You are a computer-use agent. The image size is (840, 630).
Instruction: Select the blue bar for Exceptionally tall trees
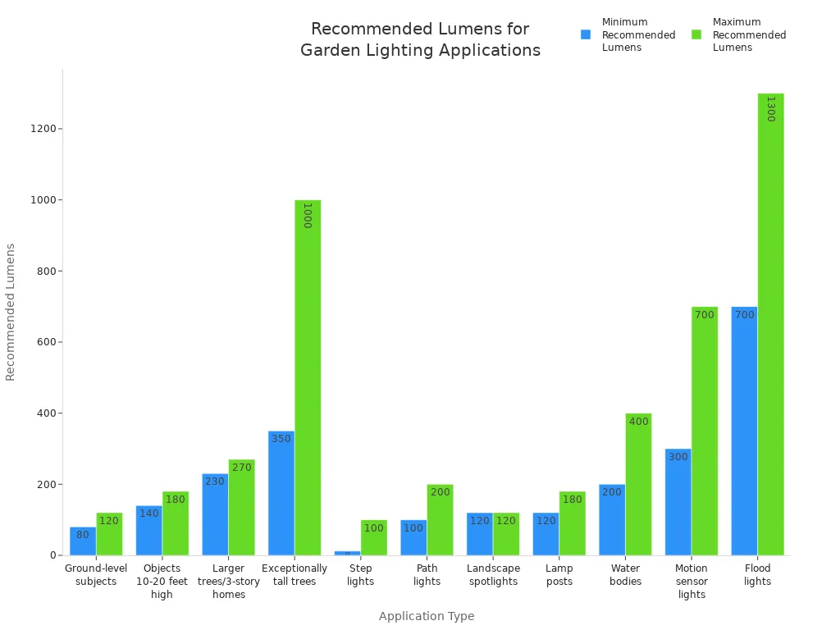281,493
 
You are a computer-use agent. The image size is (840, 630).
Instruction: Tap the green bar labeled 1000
308,377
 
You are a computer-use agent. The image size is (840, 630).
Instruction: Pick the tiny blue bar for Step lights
347,553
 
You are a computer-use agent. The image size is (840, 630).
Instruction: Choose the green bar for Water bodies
638,484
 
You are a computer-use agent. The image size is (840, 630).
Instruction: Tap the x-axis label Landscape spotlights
493,575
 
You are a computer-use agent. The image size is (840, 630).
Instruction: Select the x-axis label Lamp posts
559,575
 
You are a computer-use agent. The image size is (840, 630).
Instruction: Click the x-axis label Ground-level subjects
96,575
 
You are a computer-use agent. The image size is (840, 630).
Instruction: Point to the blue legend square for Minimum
586,34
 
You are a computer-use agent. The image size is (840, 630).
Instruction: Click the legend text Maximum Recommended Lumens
749,34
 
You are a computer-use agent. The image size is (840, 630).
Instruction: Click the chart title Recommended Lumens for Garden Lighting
420,39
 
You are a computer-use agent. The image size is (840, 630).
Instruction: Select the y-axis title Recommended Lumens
11,312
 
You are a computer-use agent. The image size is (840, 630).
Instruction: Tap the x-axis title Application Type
427,616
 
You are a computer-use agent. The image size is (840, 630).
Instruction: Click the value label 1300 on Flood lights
770,108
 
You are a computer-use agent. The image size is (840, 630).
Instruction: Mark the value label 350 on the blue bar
281,439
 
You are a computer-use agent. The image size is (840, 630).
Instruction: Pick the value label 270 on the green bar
242,468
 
